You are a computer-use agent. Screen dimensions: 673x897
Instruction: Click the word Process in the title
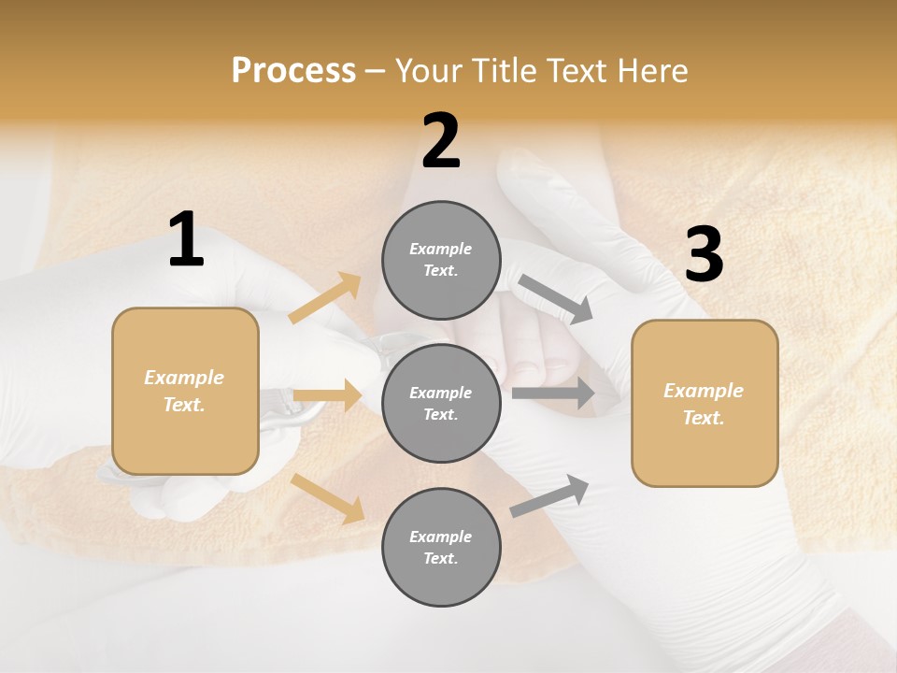293,71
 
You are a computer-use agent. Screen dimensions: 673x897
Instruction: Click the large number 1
186,239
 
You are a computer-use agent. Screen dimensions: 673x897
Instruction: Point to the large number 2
441,141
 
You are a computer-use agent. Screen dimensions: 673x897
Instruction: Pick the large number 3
704,254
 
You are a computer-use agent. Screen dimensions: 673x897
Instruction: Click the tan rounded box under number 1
185,391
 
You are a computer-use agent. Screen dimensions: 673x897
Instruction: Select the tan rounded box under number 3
705,404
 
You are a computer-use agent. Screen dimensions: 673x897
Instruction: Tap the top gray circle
441,260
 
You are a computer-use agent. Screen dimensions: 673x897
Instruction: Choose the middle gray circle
441,404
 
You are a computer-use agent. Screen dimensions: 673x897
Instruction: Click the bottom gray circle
441,548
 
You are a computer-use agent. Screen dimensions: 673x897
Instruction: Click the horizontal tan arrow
327,395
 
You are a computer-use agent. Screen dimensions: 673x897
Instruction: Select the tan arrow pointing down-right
328,498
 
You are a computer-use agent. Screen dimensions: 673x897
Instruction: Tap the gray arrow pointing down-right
555,298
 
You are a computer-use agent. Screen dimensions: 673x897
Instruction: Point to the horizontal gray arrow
553,394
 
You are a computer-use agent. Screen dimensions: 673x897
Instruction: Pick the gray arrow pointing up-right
550,495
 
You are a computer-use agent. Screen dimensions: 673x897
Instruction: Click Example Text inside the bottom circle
441,548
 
